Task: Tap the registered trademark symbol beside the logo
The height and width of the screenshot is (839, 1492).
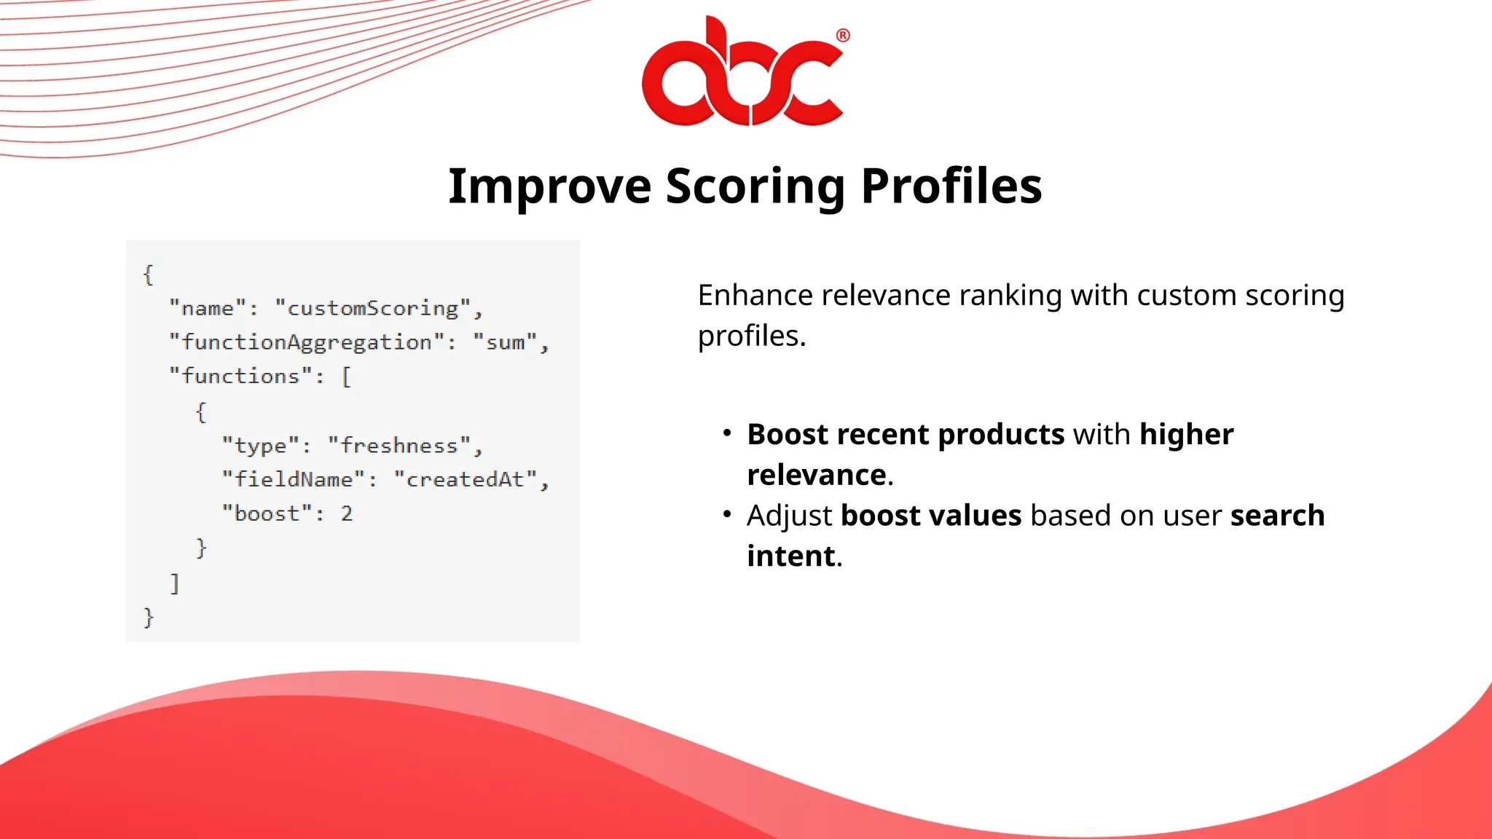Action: [843, 35]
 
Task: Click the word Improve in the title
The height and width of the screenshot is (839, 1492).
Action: [549, 186]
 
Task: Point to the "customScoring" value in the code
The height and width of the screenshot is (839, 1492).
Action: [373, 309]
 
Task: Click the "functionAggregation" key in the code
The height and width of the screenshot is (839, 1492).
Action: [307, 342]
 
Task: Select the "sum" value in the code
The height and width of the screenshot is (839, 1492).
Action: [505, 342]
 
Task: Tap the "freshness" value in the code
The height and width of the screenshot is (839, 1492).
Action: [399, 445]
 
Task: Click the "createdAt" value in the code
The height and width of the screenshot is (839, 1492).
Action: [465, 479]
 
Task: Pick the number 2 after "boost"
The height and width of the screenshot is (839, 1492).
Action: [347, 513]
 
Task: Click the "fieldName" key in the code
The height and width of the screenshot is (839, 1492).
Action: [293, 479]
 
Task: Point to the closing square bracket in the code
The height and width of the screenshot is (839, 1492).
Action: [175, 583]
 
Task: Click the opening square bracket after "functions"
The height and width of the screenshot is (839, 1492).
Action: [347, 377]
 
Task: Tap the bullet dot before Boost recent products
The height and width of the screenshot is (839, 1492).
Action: [726, 433]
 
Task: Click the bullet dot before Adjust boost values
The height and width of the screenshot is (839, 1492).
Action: [726, 514]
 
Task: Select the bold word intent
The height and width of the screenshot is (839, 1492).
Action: [791, 556]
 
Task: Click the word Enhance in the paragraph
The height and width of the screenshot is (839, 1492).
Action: [755, 296]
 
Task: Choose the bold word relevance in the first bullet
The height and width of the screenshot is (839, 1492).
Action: [816, 475]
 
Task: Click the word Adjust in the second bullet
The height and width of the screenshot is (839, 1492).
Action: [789, 516]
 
